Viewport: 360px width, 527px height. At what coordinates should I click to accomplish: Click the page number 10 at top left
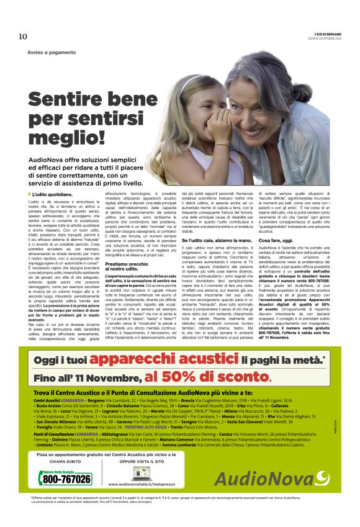coord(22,36)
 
